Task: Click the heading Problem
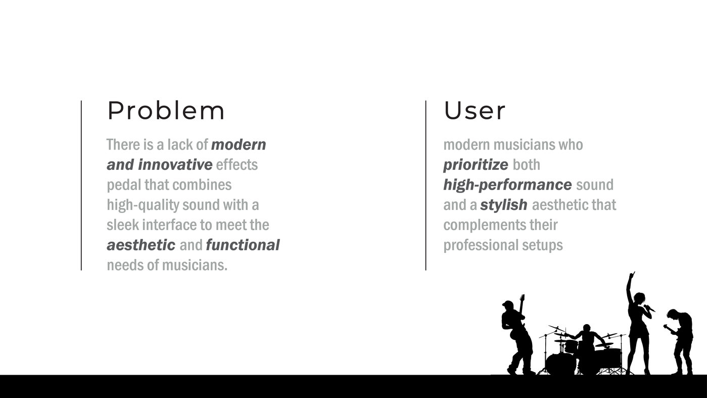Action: (166, 111)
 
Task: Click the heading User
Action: (475, 111)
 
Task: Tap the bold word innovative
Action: (175, 164)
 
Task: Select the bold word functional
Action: (243, 245)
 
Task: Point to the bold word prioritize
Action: (476, 165)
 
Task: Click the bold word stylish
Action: (503, 205)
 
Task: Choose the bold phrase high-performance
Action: (507, 185)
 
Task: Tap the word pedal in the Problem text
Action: (124, 185)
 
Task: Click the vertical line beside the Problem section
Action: (81, 186)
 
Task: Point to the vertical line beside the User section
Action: (426, 186)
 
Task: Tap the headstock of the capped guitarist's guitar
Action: (523, 298)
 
